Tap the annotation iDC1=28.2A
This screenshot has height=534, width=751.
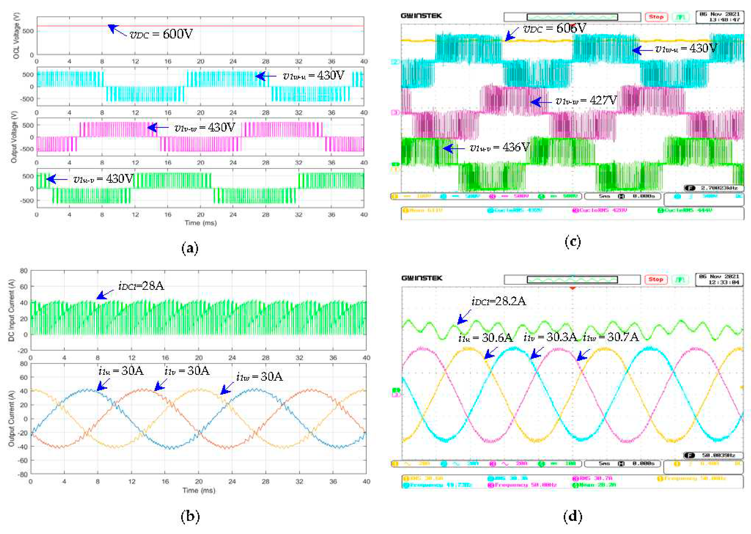pos(499,301)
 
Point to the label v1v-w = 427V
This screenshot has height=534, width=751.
pos(586,101)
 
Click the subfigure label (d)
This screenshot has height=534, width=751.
pos(572,516)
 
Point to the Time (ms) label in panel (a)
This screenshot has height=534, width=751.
pos(200,223)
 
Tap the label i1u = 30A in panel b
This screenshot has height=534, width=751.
pos(121,371)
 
